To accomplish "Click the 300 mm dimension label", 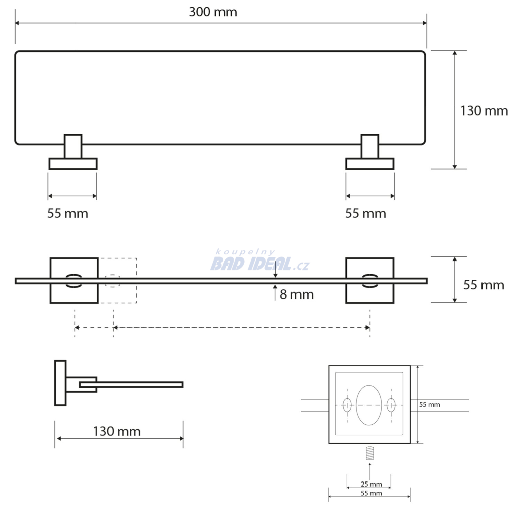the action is pyautogui.click(x=213, y=12).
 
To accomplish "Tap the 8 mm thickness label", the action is pyautogui.click(x=296, y=294).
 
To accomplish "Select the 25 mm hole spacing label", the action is pyautogui.click(x=372, y=484).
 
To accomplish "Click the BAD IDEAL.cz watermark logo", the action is pyautogui.click(x=260, y=261).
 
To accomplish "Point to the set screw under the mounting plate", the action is pyautogui.click(x=369, y=453).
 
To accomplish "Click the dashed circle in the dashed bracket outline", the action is pyautogui.click(x=113, y=275).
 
